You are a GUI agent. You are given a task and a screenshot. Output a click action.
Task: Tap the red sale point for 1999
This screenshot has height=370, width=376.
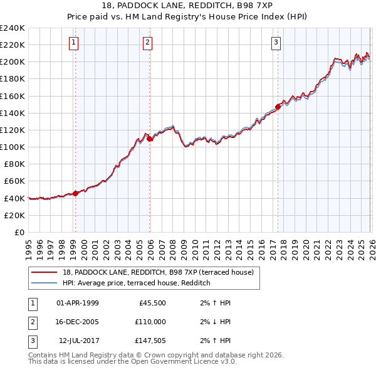[x=75, y=193]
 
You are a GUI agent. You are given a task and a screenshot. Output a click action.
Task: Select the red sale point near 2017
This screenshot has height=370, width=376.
[x=278, y=106]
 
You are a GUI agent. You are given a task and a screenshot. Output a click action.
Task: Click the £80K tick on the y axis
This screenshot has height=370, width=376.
[x=14, y=164]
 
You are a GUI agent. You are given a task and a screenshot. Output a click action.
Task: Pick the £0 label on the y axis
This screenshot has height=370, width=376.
[x=20, y=232]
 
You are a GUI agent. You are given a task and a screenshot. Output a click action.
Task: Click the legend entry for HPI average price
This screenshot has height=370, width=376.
[x=136, y=283]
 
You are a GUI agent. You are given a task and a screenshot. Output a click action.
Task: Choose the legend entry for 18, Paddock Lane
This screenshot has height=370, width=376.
[x=158, y=272]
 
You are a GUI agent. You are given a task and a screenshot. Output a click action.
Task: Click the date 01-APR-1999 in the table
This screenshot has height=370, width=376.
[x=77, y=303]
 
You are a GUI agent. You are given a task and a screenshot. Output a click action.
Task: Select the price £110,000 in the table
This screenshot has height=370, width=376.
[x=150, y=322]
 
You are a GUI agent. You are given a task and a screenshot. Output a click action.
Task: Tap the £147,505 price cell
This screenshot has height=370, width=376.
[x=150, y=341]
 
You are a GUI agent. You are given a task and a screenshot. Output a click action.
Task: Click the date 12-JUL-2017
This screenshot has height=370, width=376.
[x=78, y=341]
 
